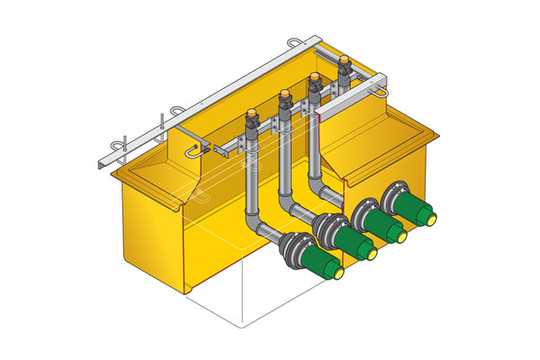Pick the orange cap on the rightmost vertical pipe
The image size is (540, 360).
[x=345, y=60]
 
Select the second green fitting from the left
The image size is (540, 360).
[x=349, y=241]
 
